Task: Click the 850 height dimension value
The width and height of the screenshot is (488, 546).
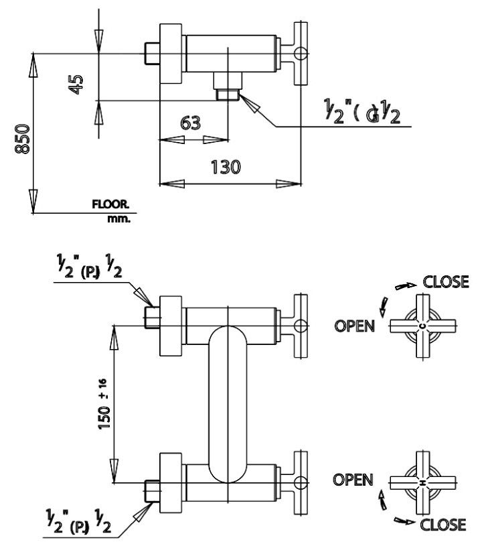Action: (23, 139)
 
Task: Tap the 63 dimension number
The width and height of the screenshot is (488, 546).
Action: (191, 123)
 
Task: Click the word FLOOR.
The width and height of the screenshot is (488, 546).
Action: (110, 205)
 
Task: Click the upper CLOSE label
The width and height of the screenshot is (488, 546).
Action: (446, 281)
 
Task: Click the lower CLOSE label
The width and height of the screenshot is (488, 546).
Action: (442, 524)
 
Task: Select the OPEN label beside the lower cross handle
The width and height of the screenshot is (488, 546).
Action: (353, 480)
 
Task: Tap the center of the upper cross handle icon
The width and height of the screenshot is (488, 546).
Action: (422, 326)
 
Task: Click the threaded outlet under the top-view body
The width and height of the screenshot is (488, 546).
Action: (227, 86)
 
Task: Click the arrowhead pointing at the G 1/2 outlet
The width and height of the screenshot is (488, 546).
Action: (252, 105)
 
